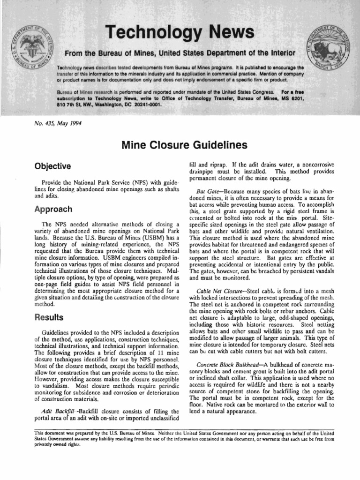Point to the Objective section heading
coord(52,166)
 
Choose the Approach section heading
coord(53,209)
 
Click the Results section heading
coord(49,317)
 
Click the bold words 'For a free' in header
coord(288,92)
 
